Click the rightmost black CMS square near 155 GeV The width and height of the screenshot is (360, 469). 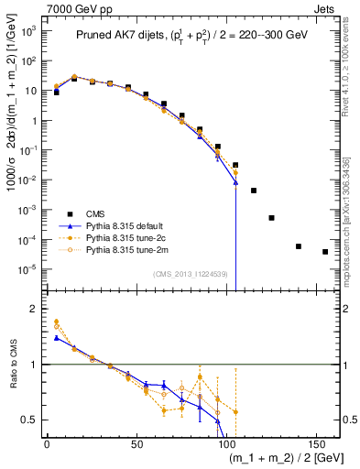[325, 252]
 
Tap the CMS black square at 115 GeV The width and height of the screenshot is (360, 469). [254, 191]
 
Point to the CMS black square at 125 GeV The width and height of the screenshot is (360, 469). [271, 218]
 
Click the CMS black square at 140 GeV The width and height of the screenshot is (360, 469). [299, 246]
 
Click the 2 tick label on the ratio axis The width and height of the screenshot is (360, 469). [35, 309]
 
